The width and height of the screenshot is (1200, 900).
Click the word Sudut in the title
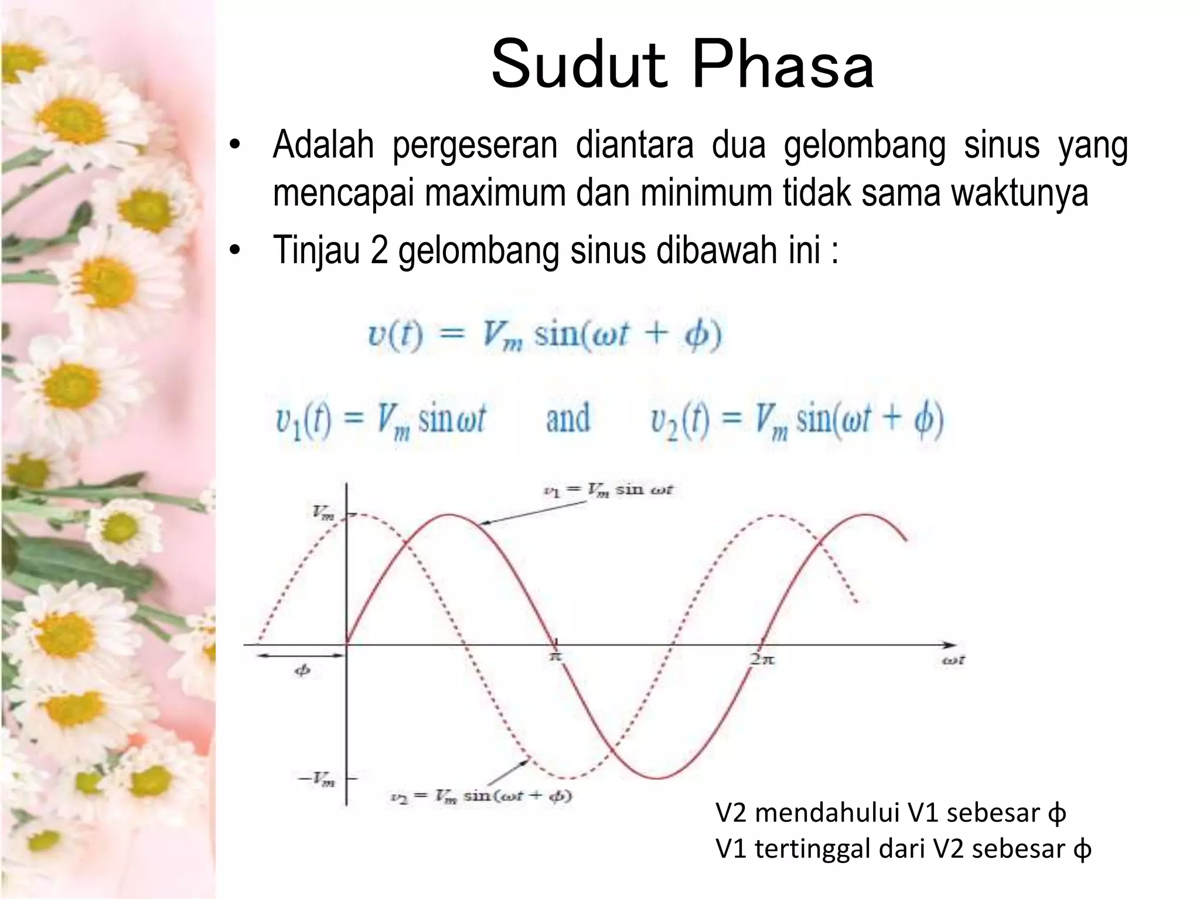pyautogui.click(x=579, y=64)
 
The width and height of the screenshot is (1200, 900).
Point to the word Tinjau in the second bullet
pyautogui.click(x=316, y=250)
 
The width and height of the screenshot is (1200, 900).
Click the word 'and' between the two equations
pyautogui.click(x=568, y=418)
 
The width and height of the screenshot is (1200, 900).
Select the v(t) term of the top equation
pyautogui.click(x=396, y=335)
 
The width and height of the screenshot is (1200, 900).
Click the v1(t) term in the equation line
pyautogui.click(x=304, y=420)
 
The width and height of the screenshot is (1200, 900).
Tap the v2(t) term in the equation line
pyautogui.click(x=680, y=420)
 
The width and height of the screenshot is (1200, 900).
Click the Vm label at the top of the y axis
pyautogui.click(x=323, y=513)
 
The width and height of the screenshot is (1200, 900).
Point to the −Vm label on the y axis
pyautogui.click(x=317, y=779)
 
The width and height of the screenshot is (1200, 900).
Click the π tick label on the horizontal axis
pyautogui.click(x=555, y=657)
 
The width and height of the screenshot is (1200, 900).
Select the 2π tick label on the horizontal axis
pyautogui.click(x=762, y=659)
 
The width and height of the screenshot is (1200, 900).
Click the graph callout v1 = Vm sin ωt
pyautogui.click(x=608, y=490)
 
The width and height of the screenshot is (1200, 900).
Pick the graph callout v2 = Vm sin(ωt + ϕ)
pyautogui.click(x=481, y=796)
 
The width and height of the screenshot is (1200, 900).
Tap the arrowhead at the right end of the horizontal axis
pyautogui.click(x=950, y=645)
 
